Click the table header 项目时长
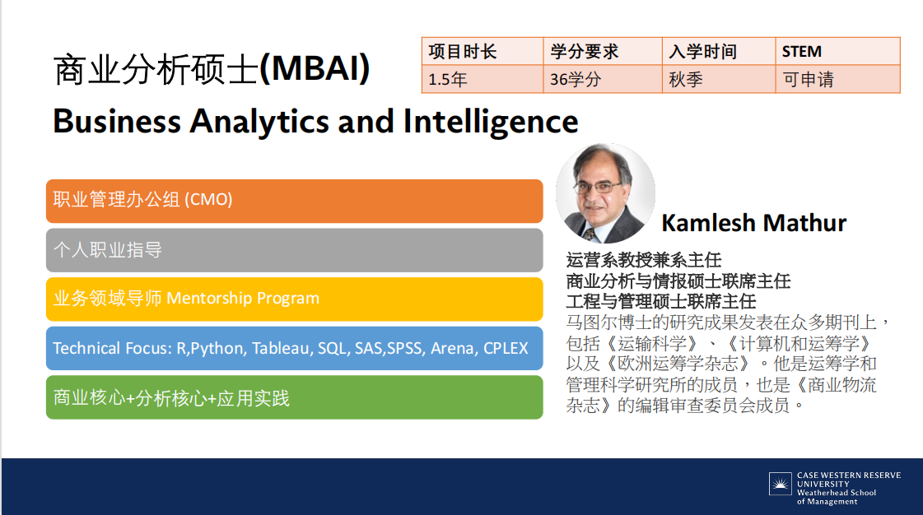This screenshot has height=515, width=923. (463, 52)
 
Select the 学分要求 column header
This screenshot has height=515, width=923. (585, 52)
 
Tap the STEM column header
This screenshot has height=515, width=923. (802, 52)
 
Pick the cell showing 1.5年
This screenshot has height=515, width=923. (447, 79)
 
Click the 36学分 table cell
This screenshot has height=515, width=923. (576, 79)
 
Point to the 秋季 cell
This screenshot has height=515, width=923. (686, 79)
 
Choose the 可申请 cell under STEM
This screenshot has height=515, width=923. (809, 79)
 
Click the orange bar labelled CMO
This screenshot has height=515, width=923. (294, 201)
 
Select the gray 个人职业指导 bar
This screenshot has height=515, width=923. (294, 250)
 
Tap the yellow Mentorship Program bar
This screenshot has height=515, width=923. (294, 299)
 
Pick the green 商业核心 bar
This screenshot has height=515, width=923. (294, 397)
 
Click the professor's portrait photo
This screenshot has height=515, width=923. (606, 193)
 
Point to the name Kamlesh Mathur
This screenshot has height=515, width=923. (754, 224)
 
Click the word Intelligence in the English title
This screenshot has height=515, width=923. (491, 123)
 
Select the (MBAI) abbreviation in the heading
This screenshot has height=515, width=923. (315, 68)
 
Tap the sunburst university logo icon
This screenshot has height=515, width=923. (781, 484)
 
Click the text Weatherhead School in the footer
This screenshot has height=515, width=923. (837, 493)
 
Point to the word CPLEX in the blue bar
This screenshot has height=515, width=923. (506, 349)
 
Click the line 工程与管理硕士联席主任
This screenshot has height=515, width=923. (661, 302)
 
